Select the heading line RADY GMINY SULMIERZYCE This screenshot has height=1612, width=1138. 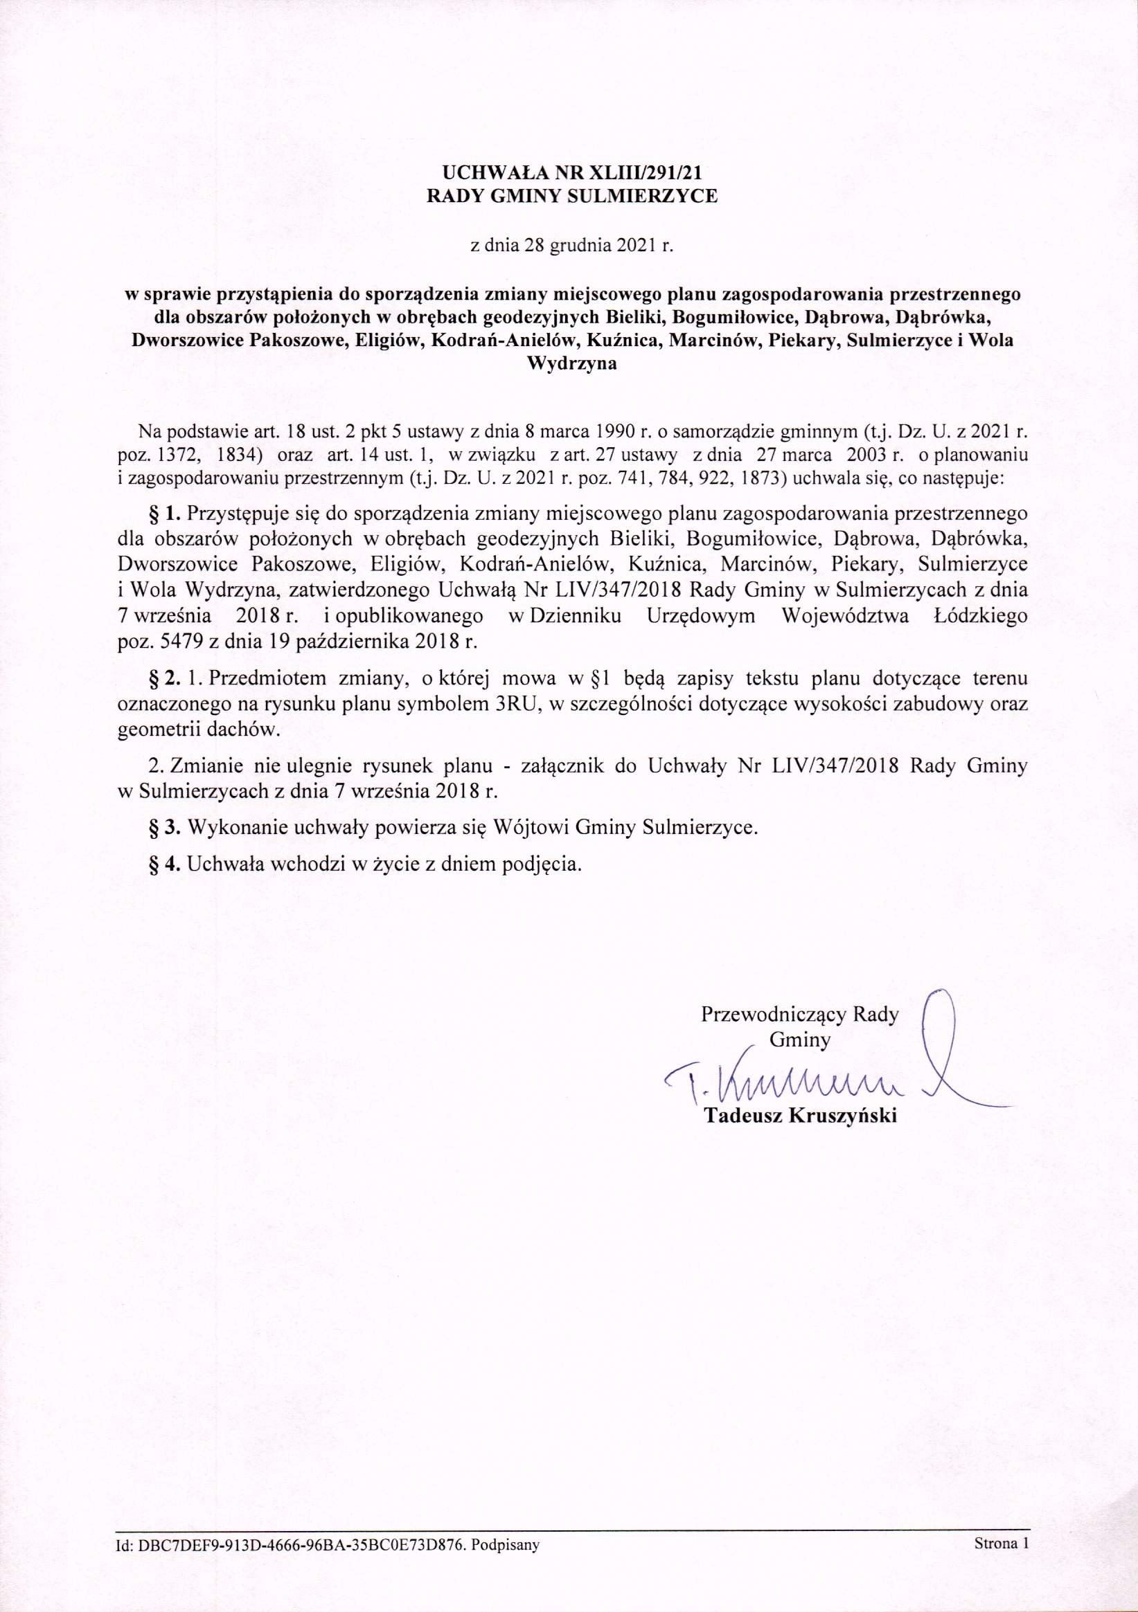tap(573, 197)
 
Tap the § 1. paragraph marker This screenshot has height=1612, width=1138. tap(166, 514)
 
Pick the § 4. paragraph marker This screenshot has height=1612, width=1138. tap(166, 863)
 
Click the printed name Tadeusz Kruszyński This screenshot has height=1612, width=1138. tap(800, 1117)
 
